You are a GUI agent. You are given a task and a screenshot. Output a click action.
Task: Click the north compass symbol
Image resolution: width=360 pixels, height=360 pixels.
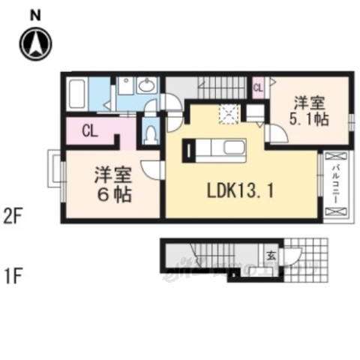[x=35, y=46]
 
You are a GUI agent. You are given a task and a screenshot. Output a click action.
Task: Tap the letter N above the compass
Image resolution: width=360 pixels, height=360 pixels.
[x=35, y=13]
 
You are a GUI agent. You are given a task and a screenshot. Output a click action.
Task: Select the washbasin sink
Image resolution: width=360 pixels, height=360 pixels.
[x=147, y=87]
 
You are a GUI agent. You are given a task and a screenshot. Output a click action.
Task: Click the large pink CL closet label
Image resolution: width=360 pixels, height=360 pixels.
[x=89, y=132]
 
